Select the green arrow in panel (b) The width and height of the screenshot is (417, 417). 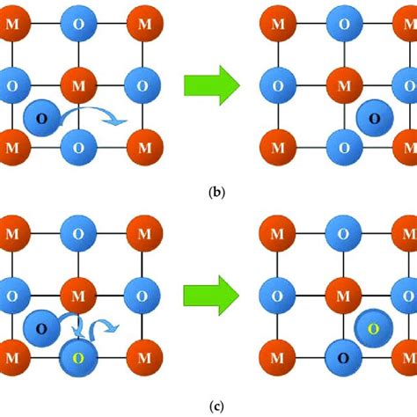coord(211,85)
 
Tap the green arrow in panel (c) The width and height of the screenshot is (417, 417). coord(211,293)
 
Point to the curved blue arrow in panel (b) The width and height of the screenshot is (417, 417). coord(103,113)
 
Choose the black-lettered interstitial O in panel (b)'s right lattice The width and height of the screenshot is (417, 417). coord(375,117)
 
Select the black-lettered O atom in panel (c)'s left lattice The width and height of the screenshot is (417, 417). coord(41,328)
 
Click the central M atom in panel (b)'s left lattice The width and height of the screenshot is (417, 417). coord(77,85)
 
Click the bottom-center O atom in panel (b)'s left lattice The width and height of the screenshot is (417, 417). coord(77,145)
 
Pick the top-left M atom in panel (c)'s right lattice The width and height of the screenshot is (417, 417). coord(278,233)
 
